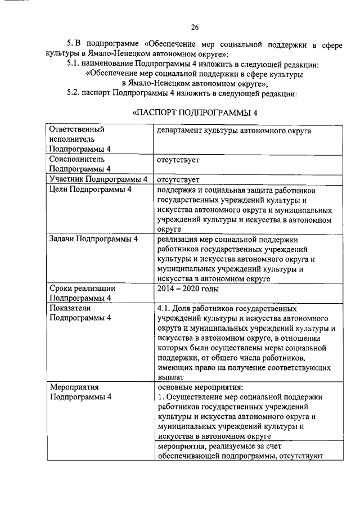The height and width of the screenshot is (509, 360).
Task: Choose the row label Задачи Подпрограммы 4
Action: [93, 240]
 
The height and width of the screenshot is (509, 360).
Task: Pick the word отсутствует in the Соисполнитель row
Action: [178, 160]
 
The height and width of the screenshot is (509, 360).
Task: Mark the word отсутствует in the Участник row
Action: [178, 181]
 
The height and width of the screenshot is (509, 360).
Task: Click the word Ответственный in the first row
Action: [78, 129]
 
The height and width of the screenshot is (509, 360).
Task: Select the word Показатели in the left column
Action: [70, 308]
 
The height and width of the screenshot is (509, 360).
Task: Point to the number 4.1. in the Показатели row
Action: [165, 309]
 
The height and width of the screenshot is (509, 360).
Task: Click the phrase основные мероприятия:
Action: [200, 387]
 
